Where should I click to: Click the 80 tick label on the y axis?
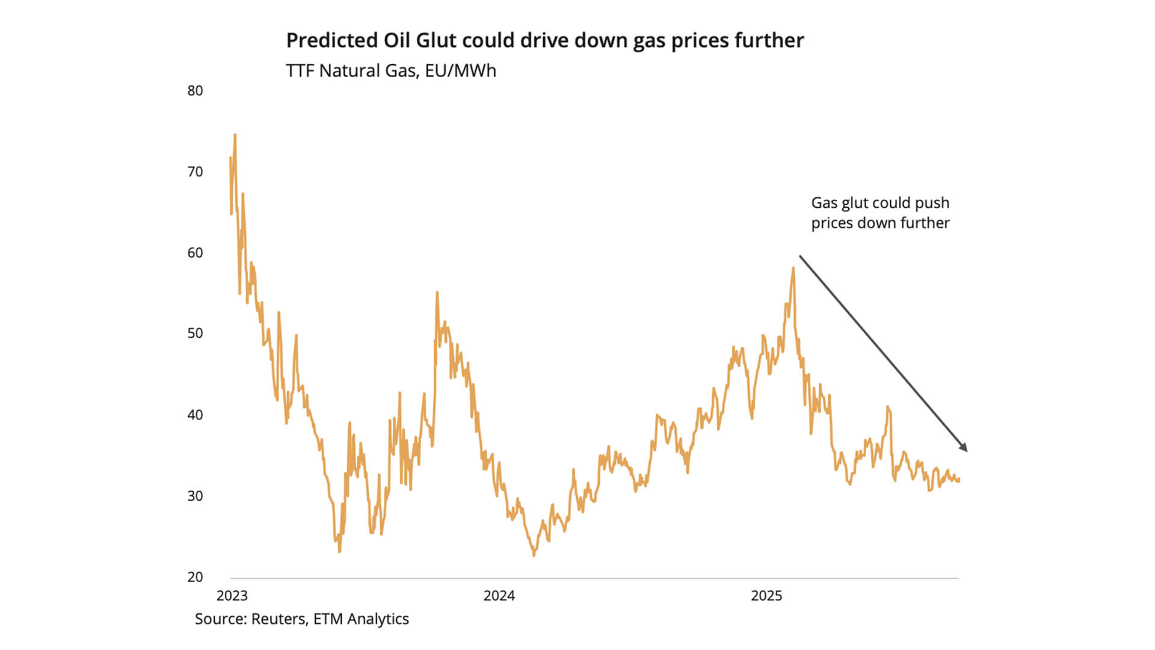point(195,91)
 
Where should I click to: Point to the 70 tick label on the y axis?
point(195,172)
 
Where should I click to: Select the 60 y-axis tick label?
point(195,253)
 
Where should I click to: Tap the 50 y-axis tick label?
point(195,333)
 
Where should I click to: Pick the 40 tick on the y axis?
point(195,415)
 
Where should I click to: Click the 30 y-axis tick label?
point(195,496)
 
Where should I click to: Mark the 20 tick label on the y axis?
point(195,577)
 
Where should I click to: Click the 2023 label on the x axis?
point(232,596)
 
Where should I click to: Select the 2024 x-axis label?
point(499,596)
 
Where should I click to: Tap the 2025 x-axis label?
point(766,596)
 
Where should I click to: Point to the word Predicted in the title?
point(331,40)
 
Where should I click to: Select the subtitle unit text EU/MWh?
point(460,71)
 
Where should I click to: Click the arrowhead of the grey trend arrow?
point(964,448)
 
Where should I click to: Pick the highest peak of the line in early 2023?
point(235,135)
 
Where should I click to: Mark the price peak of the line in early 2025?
point(793,268)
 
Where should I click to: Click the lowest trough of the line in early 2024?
point(534,555)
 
